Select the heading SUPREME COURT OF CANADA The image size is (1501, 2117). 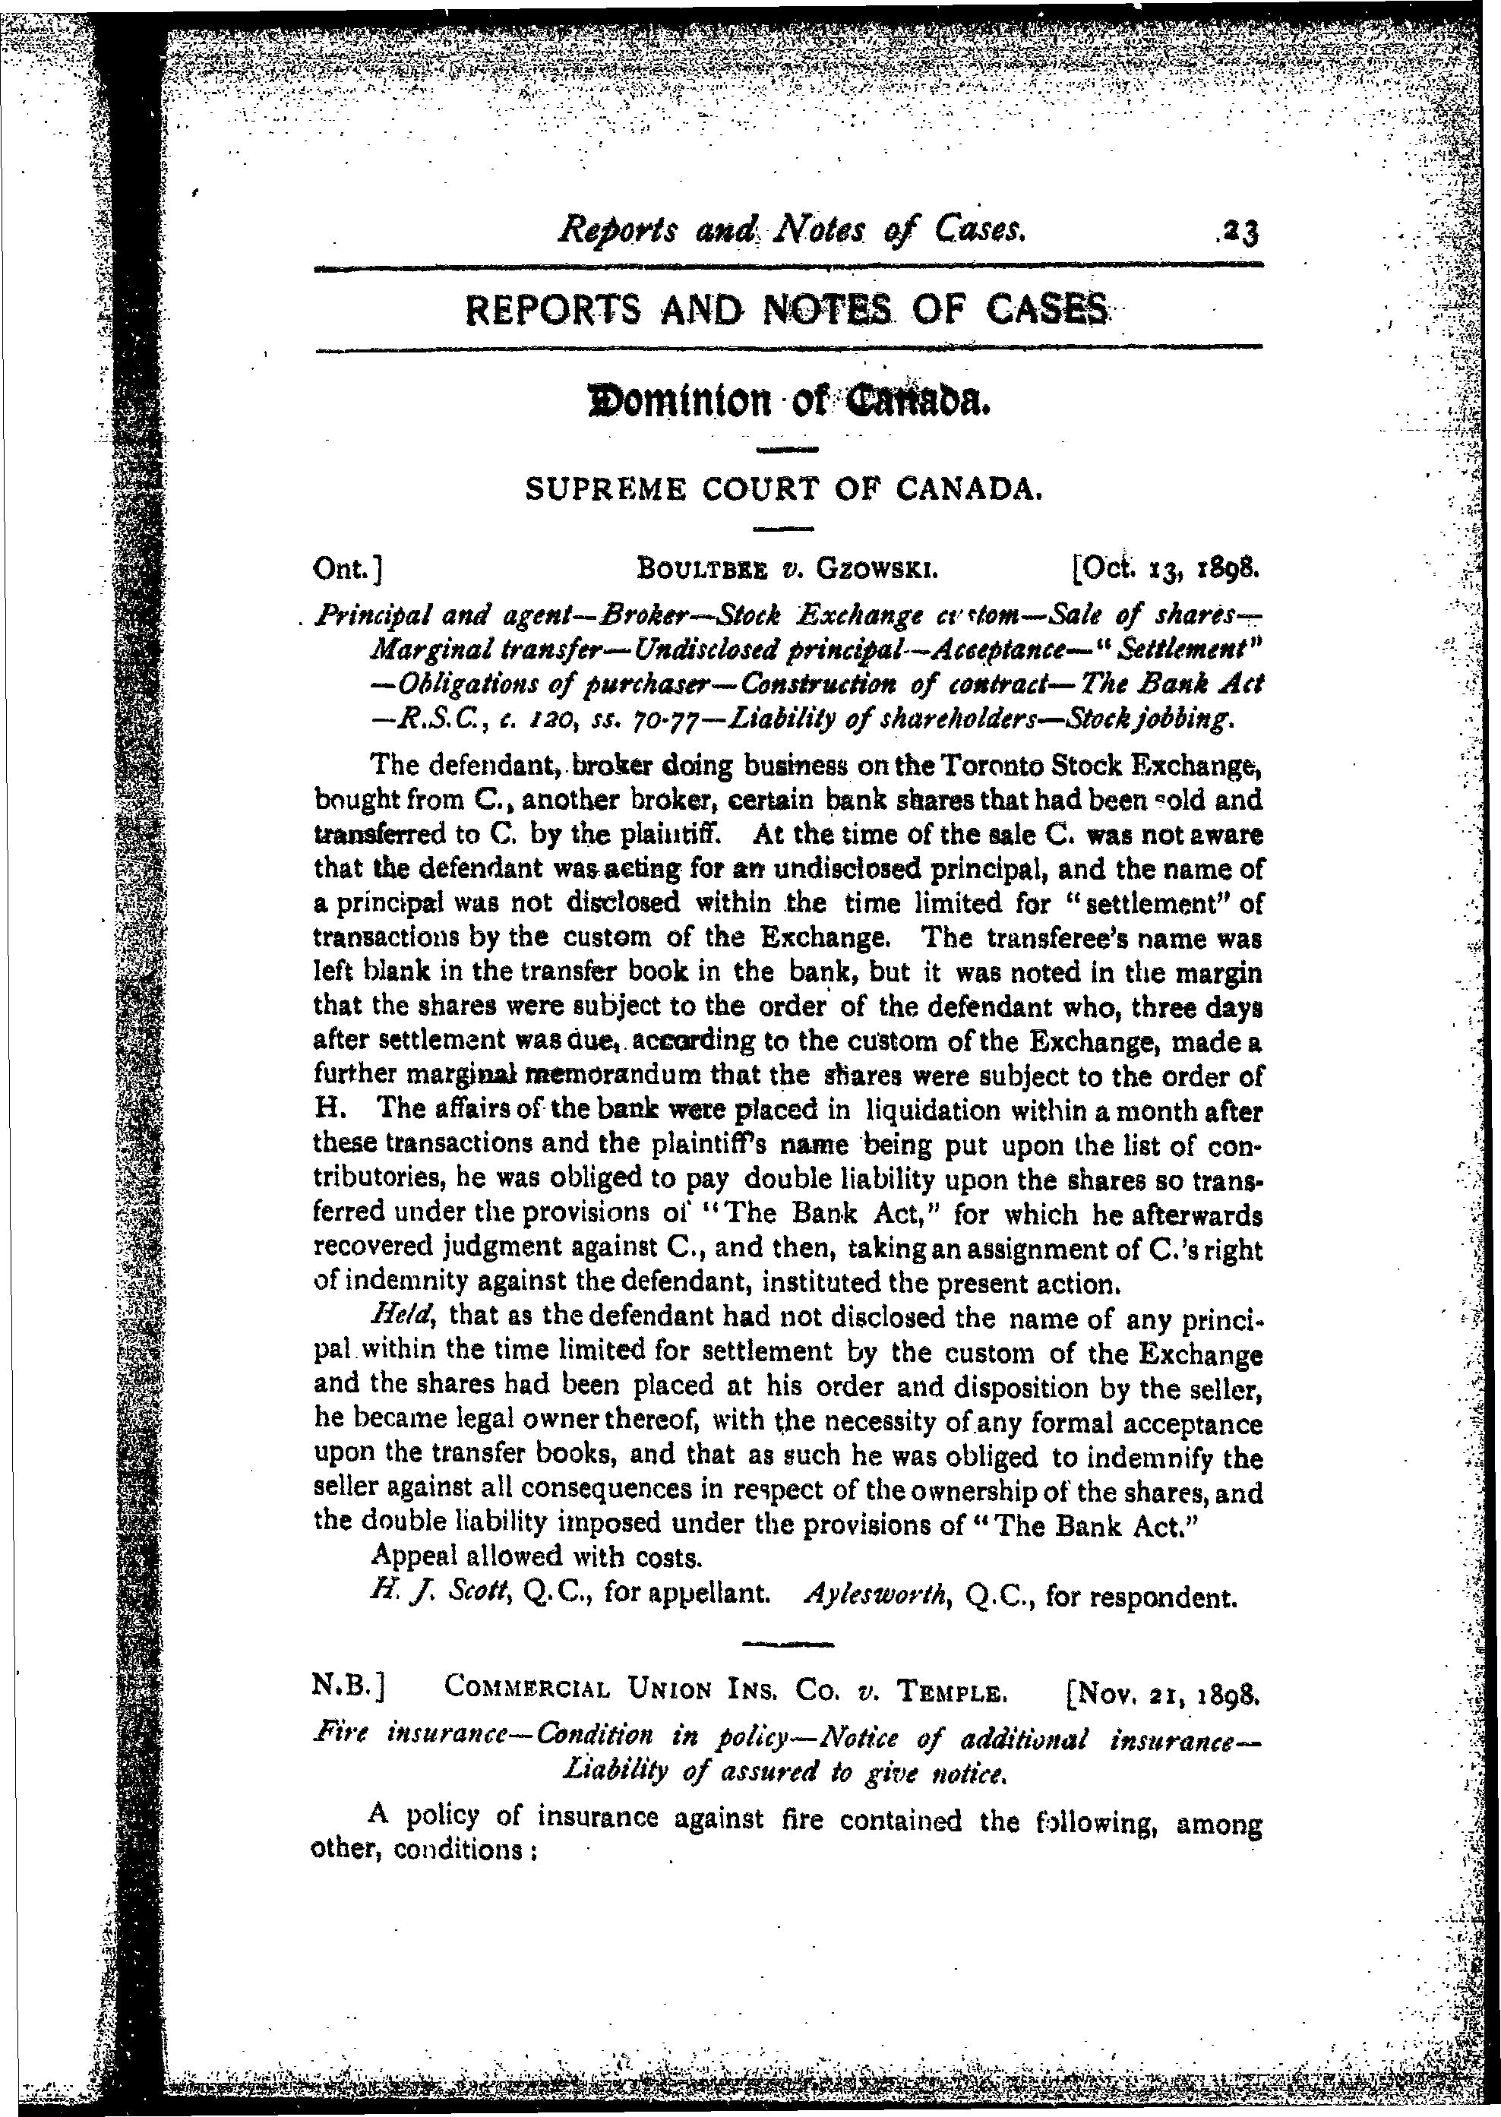[784, 490]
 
